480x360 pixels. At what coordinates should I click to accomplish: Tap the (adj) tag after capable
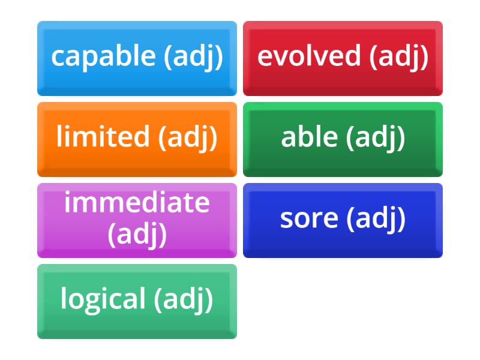click(x=193, y=56)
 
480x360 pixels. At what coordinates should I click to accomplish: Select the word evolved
click(x=309, y=56)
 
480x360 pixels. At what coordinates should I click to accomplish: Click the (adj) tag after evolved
click(x=399, y=56)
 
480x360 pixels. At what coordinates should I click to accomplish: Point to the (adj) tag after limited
click(x=188, y=137)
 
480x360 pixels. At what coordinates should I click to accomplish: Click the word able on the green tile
click(x=309, y=137)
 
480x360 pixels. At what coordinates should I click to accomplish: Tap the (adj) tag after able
click(x=376, y=137)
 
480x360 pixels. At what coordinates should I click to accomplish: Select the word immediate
click(x=137, y=203)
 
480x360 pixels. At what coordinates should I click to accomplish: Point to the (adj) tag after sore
click(x=376, y=218)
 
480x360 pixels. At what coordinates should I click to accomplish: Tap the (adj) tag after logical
click(x=184, y=299)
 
